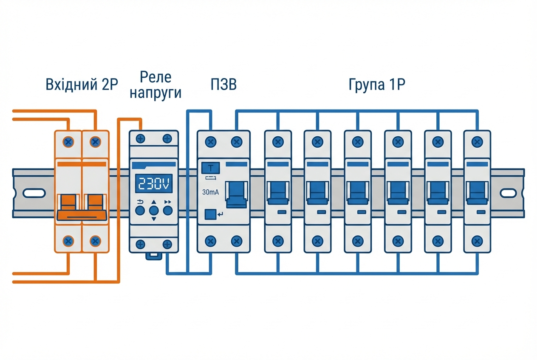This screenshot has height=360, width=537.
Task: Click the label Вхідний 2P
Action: click(82, 85)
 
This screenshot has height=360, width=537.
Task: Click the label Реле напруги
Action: click(155, 85)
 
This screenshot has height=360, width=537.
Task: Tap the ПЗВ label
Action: click(223, 85)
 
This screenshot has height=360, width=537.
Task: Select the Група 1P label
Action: click(377, 85)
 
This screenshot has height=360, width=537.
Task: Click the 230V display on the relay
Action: click(154, 183)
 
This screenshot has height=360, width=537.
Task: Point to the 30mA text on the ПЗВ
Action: click(211, 192)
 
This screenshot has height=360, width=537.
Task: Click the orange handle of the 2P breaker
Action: click(82, 207)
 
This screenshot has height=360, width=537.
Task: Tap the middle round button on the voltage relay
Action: click(154, 210)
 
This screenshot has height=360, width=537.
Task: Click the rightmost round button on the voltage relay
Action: click(168, 210)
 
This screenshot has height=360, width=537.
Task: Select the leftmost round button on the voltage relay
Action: click(140, 210)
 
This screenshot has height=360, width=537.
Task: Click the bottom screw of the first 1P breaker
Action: click(277, 241)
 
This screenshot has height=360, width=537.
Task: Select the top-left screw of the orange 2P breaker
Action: click(68, 141)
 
